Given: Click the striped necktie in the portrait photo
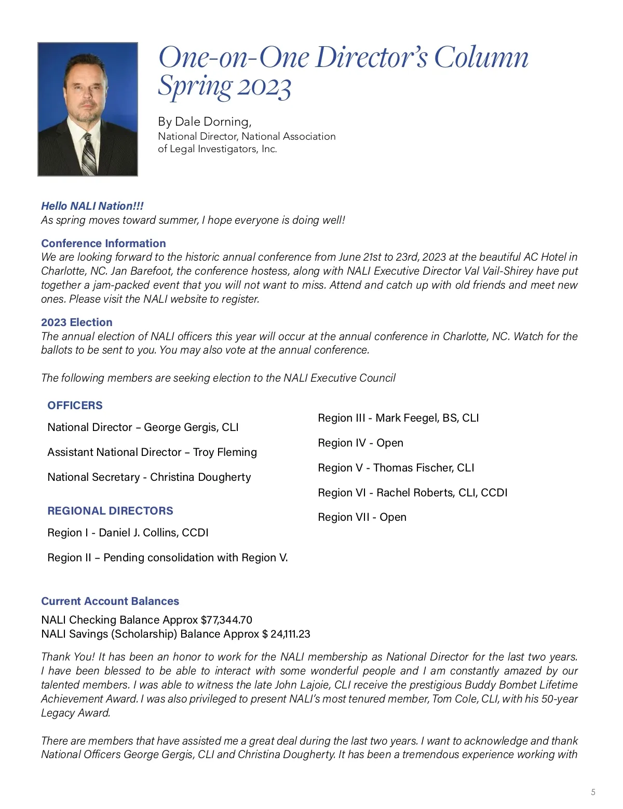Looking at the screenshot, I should (x=89, y=153).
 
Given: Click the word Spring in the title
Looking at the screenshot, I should (x=195, y=87).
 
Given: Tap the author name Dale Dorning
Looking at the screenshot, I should (x=213, y=122).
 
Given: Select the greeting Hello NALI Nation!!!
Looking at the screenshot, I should (x=92, y=206).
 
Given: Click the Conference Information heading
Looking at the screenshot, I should (x=103, y=244).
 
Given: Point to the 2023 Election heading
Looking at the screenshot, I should (x=76, y=322).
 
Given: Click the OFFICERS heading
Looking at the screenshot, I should (x=75, y=406).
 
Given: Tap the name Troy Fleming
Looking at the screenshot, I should (x=225, y=452).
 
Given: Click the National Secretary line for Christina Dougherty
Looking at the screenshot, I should (x=149, y=477).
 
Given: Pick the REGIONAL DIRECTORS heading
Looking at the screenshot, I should (x=110, y=511).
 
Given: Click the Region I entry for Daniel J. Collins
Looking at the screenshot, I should (x=128, y=533).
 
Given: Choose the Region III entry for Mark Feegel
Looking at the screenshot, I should (x=398, y=418).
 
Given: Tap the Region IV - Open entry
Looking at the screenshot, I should (x=360, y=443).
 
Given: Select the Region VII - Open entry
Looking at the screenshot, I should (x=362, y=517).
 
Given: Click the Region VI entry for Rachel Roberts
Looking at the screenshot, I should (x=412, y=492).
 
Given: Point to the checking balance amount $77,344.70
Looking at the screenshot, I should (x=226, y=620).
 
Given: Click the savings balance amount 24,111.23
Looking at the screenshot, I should (x=290, y=634).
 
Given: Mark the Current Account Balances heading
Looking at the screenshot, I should (x=110, y=601).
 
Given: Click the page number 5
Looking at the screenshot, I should (x=593, y=792).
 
